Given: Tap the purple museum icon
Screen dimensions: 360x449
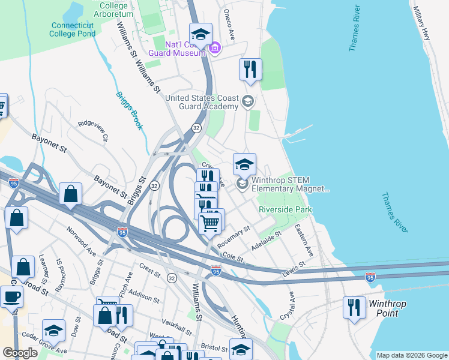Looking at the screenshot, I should click(x=215, y=47).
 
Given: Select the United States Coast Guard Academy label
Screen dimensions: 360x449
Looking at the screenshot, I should click(x=202, y=102).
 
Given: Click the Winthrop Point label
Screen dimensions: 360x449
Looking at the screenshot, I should click(x=387, y=308).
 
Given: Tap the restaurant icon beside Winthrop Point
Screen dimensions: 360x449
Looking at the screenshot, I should click(x=354, y=307).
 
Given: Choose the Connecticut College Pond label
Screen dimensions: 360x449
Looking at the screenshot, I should click(x=73, y=29).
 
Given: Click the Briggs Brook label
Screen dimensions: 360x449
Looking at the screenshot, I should click(x=130, y=111).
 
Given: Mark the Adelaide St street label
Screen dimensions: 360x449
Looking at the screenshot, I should click(x=267, y=240).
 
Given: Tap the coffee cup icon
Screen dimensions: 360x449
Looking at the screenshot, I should click(x=11, y=296).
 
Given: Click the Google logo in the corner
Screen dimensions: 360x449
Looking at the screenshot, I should click(x=19, y=353).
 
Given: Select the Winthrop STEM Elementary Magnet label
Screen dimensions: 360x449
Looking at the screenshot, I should click(x=291, y=184).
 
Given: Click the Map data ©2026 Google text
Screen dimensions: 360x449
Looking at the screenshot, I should click(x=411, y=355).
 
